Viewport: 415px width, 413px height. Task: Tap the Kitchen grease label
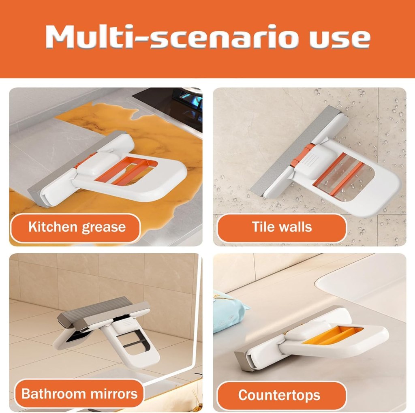click(x=77, y=227)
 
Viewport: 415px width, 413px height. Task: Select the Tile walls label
click(x=282, y=227)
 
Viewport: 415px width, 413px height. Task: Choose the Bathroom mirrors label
click(x=79, y=394)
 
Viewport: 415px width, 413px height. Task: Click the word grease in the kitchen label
click(x=103, y=227)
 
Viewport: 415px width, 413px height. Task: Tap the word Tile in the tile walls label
click(x=263, y=227)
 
